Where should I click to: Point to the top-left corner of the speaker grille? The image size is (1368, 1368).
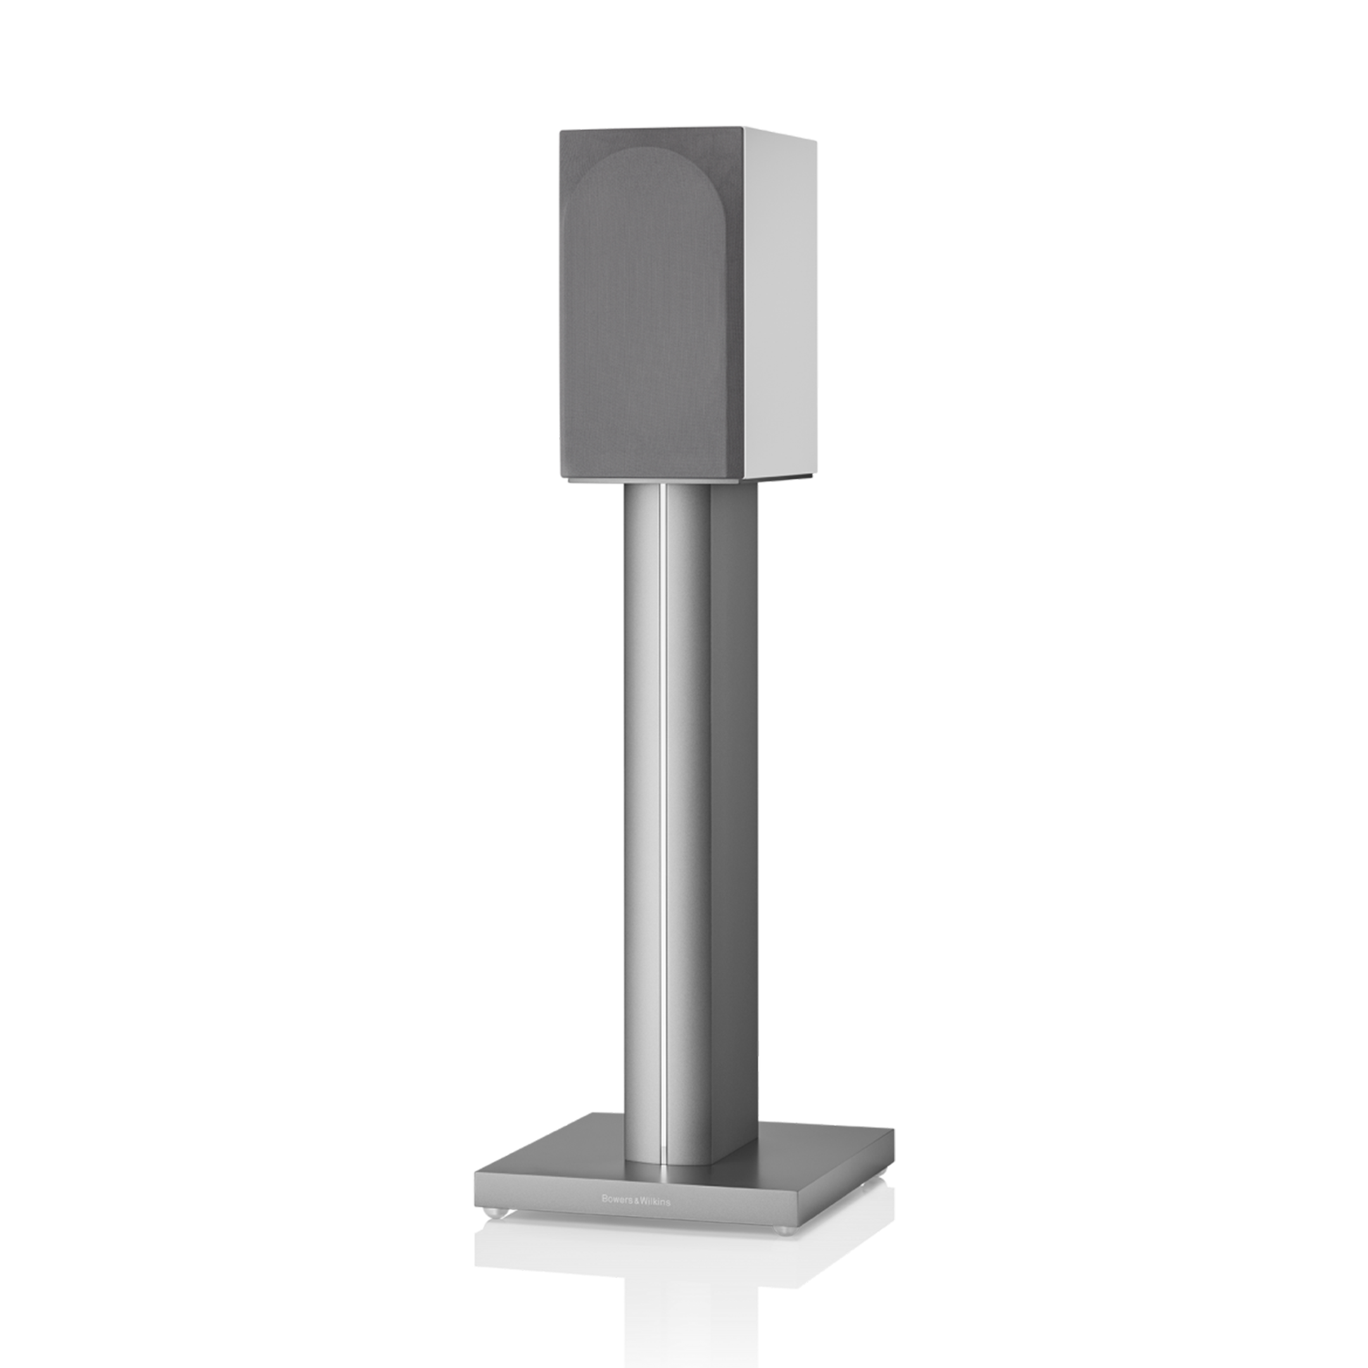tap(560, 130)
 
